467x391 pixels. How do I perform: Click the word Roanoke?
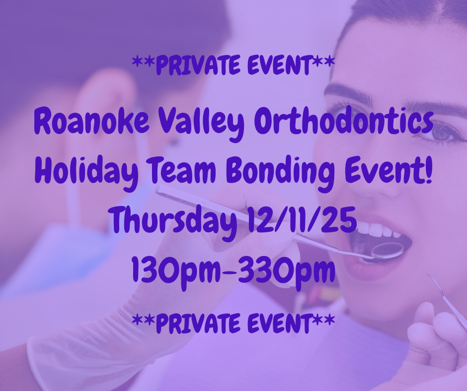(92, 122)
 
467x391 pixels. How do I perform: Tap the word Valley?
(201, 124)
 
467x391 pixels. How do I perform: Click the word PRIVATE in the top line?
(198, 65)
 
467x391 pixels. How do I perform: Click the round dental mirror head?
(388, 250)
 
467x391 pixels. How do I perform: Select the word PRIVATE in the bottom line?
(198, 323)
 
